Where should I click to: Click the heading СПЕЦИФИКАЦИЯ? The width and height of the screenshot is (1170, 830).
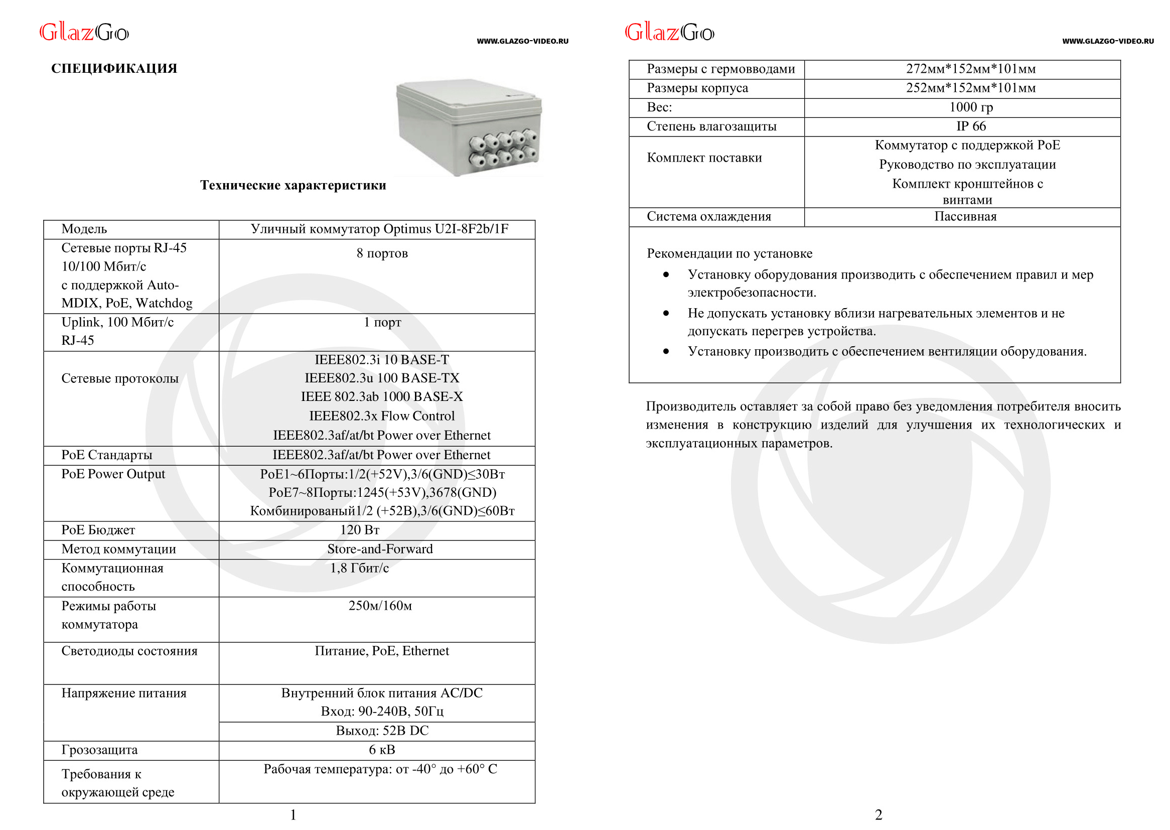(x=114, y=68)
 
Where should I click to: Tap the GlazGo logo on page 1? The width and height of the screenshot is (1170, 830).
(x=84, y=33)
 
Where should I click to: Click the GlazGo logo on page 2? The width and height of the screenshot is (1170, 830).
(x=669, y=33)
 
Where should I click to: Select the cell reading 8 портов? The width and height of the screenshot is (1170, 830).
(x=382, y=253)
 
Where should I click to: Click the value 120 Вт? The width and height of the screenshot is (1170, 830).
(x=360, y=530)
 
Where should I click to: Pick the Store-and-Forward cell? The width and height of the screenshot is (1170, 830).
(x=380, y=549)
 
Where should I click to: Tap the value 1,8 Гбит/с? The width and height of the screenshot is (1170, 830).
(x=359, y=569)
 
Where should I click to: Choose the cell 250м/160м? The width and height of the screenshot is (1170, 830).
(x=380, y=606)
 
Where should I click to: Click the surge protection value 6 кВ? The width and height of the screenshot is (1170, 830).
(x=382, y=750)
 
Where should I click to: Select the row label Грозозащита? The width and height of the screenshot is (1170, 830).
(x=100, y=750)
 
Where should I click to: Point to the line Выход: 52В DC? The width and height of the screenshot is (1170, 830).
(x=382, y=731)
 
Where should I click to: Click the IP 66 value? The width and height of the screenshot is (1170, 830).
(x=971, y=126)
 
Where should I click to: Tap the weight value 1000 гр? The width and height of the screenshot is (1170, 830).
(x=971, y=107)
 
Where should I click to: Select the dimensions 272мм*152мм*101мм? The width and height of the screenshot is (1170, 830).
(x=971, y=69)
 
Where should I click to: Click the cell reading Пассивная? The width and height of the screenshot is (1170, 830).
(x=965, y=217)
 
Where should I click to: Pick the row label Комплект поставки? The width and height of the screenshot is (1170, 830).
(x=704, y=158)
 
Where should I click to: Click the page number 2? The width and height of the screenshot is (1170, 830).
(x=879, y=814)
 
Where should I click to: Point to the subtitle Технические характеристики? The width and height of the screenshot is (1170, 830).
(x=293, y=185)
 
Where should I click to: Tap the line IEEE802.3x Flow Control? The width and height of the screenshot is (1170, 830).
(x=382, y=416)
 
